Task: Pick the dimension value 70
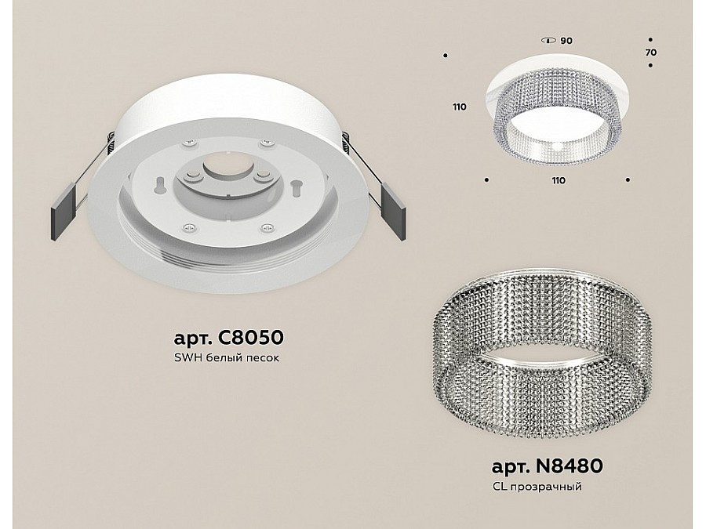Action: [x=651, y=53]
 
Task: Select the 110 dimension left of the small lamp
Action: [x=460, y=107]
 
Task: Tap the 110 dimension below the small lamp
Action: [x=558, y=180]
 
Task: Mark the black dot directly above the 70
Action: [x=651, y=39]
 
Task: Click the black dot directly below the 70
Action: [x=651, y=66]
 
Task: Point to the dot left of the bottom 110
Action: [x=488, y=180]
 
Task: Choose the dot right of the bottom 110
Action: [x=628, y=180]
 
